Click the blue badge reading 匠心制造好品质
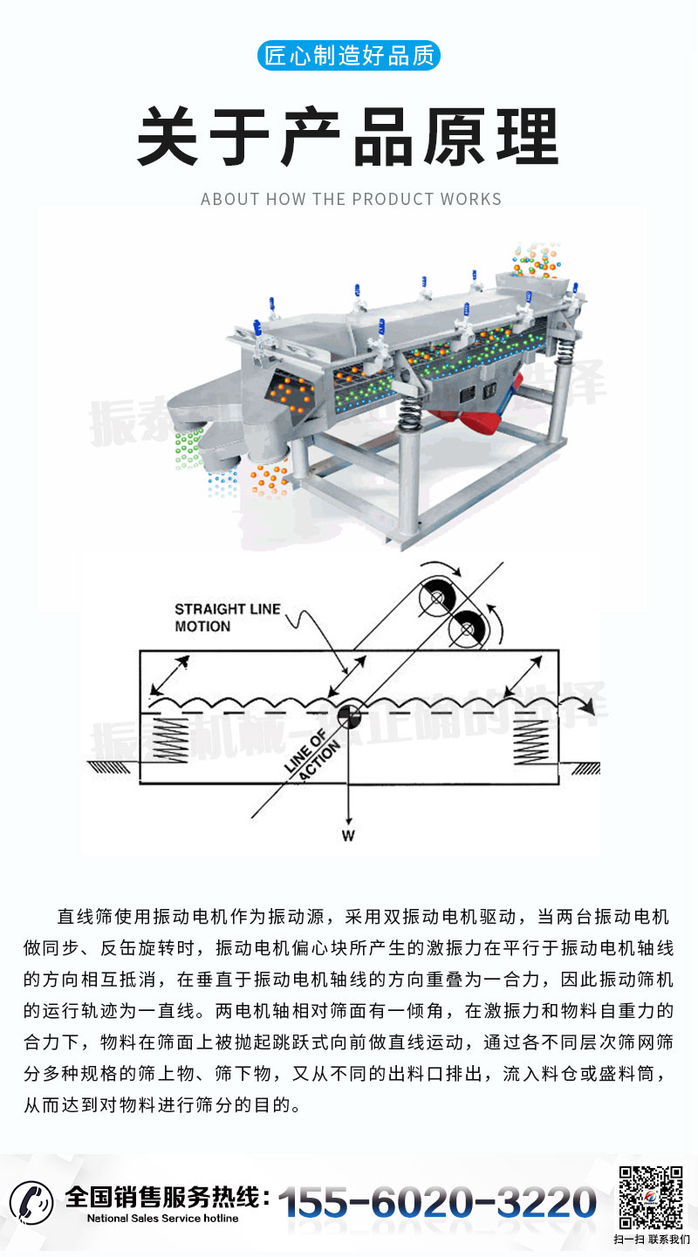349,57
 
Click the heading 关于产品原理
349,138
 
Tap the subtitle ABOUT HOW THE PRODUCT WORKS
351,199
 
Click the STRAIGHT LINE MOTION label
227,617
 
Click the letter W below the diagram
348,836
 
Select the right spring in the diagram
529,735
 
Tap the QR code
650,1198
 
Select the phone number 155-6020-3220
437,1202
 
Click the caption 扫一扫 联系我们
651,1240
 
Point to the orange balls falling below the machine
270,478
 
